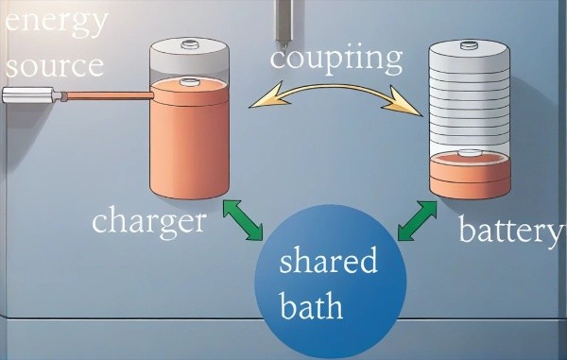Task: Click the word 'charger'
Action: click(x=148, y=222)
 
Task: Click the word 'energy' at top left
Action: click(x=57, y=19)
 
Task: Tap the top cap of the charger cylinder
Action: click(x=189, y=43)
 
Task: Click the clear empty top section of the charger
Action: click(x=188, y=64)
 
